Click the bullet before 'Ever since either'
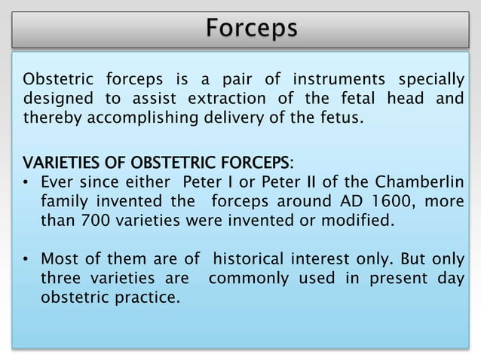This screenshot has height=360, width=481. coord(27,183)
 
